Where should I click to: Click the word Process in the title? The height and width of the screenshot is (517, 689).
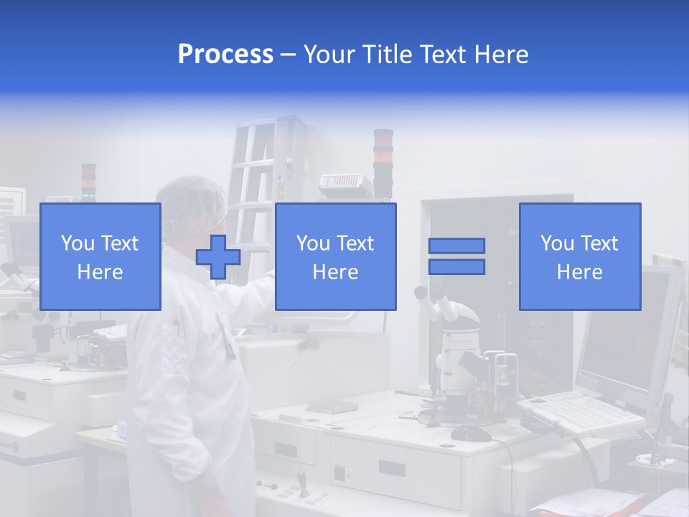pyautogui.click(x=225, y=55)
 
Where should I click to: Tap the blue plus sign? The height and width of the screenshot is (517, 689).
pyautogui.click(x=218, y=257)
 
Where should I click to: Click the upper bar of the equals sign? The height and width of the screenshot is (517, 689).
pyautogui.click(x=456, y=246)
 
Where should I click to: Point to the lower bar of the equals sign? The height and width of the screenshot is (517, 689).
pyautogui.click(x=456, y=267)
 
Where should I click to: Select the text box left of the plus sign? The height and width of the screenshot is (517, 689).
pyautogui.click(x=100, y=256)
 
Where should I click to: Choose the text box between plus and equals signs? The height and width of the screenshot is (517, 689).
pyautogui.click(x=335, y=256)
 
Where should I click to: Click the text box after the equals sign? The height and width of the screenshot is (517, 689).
pyautogui.click(x=580, y=256)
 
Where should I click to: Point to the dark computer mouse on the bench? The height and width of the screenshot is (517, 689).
pyautogui.click(x=471, y=433)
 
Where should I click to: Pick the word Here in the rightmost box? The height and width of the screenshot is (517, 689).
pyautogui.click(x=580, y=272)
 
